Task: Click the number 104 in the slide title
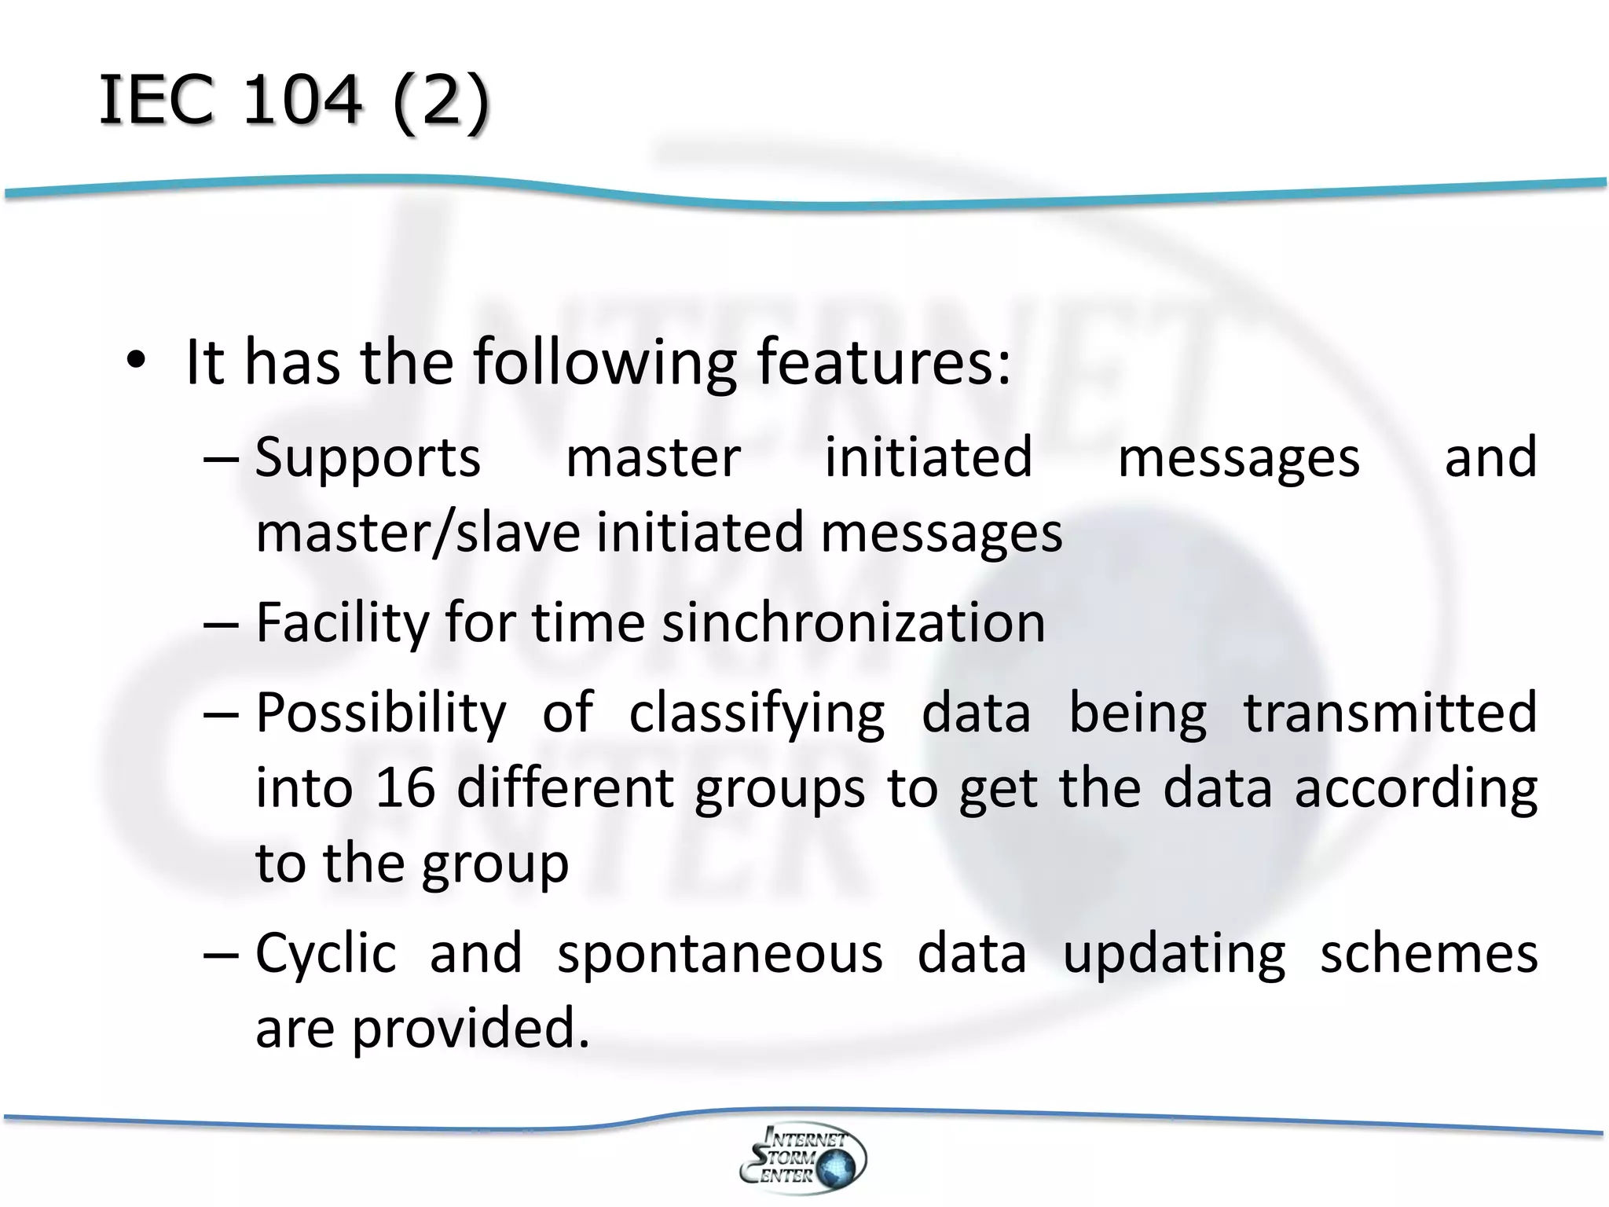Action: pyautogui.click(x=302, y=100)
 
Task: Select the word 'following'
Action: pyautogui.click(x=604, y=364)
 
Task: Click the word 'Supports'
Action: pyautogui.click(x=367, y=457)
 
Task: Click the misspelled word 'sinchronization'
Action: pyautogui.click(x=854, y=622)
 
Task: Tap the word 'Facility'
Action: pyautogui.click(x=343, y=623)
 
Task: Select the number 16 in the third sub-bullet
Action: pyautogui.click(x=405, y=787)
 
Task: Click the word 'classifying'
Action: pyautogui.click(x=757, y=714)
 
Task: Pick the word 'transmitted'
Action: pyautogui.click(x=1390, y=712)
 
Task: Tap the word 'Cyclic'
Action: pyautogui.click(x=325, y=954)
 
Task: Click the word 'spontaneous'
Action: pyautogui.click(x=720, y=954)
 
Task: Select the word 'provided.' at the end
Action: pyautogui.click(x=470, y=1029)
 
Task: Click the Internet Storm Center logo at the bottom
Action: pyautogui.click(x=802, y=1157)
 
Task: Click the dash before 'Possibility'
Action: pyautogui.click(x=220, y=714)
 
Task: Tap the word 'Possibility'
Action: pyautogui.click(x=381, y=714)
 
